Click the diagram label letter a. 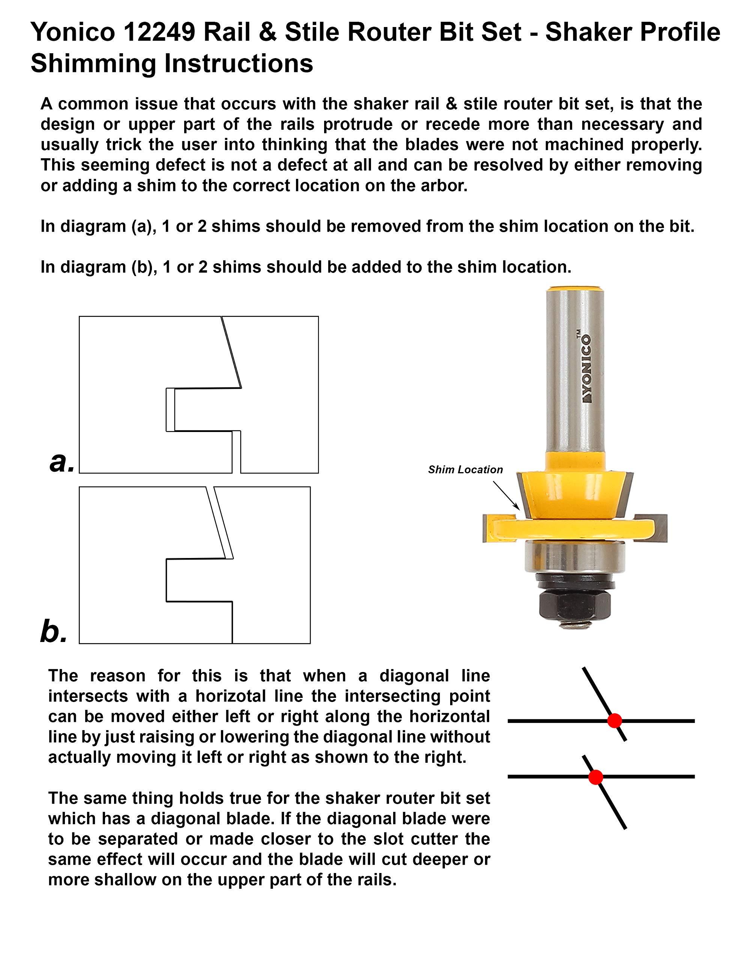(62, 462)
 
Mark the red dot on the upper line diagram (614, 721)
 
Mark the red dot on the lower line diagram (596, 777)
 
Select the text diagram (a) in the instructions (105, 226)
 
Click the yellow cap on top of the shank (574, 289)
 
